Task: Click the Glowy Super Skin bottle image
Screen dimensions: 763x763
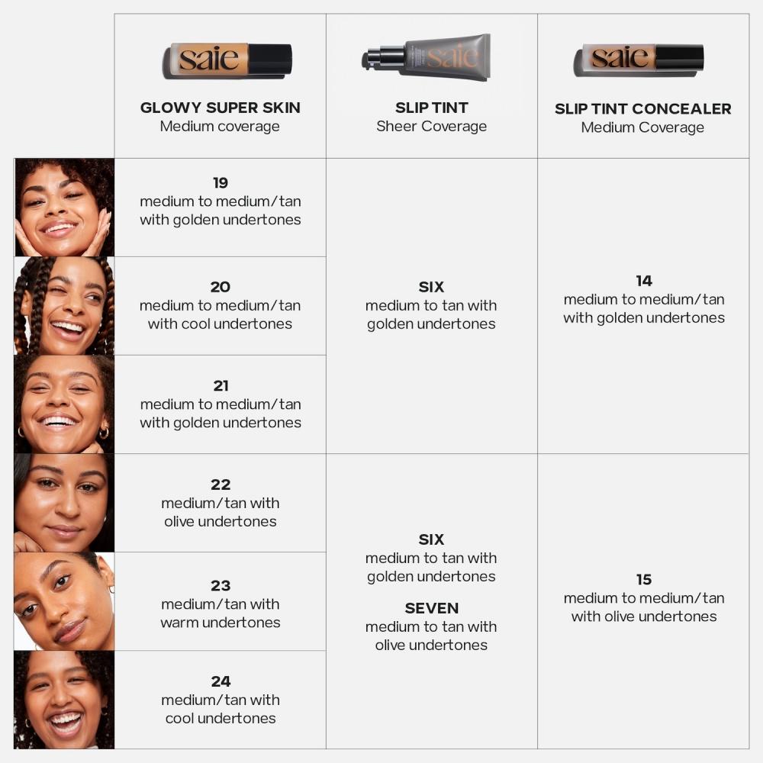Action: (x=227, y=60)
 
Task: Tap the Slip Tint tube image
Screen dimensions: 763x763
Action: (x=427, y=57)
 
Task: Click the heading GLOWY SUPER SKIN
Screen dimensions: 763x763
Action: (x=220, y=108)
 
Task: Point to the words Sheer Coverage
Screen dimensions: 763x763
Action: (x=431, y=127)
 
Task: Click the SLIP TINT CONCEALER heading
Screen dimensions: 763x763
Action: (x=642, y=109)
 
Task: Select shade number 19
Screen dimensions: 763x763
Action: (x=221, y=183)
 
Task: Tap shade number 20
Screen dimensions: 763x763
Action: (x=221, y=288)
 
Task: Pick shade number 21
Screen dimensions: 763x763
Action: (x=221, y=386)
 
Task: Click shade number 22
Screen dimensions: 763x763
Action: (x=221, y=485)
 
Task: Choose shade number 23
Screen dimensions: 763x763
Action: (x=221, y=586)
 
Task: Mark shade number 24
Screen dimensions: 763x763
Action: (x=221, y=681)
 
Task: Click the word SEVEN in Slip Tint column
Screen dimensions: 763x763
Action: (x=431, y=609)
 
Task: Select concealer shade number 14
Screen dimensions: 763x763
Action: (x=643, y=282)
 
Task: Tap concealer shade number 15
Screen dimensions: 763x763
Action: (x=643, y=580)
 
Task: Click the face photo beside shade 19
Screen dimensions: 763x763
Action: (x=64, y=208)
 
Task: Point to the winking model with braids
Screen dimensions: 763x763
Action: (x=64, y=306)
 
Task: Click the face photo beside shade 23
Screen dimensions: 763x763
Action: (x=64, y=601)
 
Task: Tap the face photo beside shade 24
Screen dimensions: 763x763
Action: (x=64, y=700)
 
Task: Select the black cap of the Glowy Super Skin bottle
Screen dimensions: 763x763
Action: (x=270, y=60)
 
